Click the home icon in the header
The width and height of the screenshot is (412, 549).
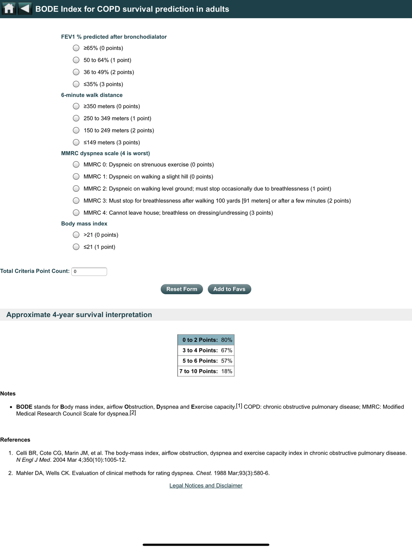tap(9, 9)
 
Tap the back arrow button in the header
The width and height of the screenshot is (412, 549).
tap(25, 9)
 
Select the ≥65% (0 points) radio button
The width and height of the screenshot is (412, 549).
tap(76, 48)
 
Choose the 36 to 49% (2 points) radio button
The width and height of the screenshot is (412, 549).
tap(76, 72)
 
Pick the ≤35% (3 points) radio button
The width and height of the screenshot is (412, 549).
tap(76, 84)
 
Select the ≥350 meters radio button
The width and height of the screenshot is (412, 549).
tap(76, 106)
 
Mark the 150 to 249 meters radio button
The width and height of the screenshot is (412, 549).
tap(76, 130)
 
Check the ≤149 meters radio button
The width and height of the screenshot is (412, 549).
tap(76, 142)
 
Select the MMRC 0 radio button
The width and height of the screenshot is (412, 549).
tap(76, 165)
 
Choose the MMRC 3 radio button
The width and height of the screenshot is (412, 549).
tap(76, 201)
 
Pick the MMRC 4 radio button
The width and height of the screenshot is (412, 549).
tap(76, 213)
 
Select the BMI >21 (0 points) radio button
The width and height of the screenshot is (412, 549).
tap(76, 235)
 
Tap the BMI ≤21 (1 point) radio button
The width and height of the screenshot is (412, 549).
tap(76, 247)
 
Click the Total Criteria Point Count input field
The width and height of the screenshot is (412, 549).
tap(89, 272)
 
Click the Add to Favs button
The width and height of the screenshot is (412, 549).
tap(229, 289)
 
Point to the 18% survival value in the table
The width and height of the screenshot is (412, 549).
tap(227, 371)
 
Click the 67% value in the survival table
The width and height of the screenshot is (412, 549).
tap(227, 350)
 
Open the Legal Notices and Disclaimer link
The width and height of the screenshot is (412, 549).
tap(206, 486)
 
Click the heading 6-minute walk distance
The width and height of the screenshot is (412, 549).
tap(92, 95)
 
